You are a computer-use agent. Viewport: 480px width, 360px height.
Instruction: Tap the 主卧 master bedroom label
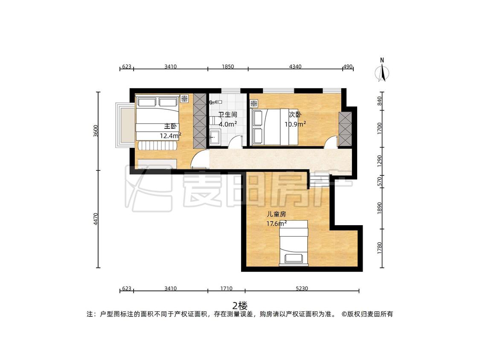point(171,126)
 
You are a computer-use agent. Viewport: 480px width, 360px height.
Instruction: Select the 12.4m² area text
point(171,135)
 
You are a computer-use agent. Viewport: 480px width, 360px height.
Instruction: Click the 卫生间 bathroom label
point(228,114)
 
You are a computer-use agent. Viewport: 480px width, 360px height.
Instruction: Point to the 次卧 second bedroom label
point(295,114)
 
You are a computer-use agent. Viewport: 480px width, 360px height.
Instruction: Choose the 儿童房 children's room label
point(276,214)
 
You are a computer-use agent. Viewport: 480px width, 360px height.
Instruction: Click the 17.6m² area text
point(276,223)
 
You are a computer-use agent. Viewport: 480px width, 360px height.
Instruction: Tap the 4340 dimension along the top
point(295,67)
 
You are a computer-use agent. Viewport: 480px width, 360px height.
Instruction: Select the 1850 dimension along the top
point(228,67)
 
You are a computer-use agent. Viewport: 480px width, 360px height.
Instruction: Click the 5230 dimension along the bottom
point(302,288)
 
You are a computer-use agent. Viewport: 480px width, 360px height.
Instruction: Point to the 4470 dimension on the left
point(96,219)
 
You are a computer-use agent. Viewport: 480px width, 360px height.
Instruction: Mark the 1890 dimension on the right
point(380,208)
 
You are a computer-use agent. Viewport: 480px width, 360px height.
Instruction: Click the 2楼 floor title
point(240,305)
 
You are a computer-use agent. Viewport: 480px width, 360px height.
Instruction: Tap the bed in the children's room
point(293,243)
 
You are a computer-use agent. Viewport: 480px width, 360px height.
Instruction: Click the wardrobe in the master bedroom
point(200,121)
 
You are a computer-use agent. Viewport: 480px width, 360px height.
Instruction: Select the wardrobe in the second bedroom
point(345,129)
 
